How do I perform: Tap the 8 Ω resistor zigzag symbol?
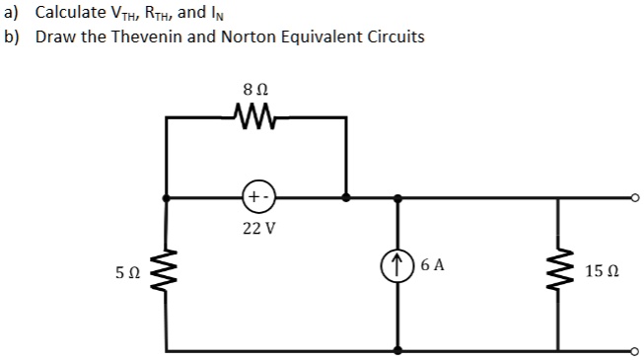(255, 118)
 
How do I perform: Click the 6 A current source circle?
(399, 265)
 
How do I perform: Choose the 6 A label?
(432, 265)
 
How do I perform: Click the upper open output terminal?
(637, 197)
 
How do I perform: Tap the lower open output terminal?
(637, 350)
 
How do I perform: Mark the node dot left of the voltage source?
(165, 197)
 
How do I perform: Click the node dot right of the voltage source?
(345, 197)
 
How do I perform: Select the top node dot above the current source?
(399, 197)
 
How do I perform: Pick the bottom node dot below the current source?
(399, 350)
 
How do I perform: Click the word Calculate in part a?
(68, 13)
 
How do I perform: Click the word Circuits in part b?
(394, 37)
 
